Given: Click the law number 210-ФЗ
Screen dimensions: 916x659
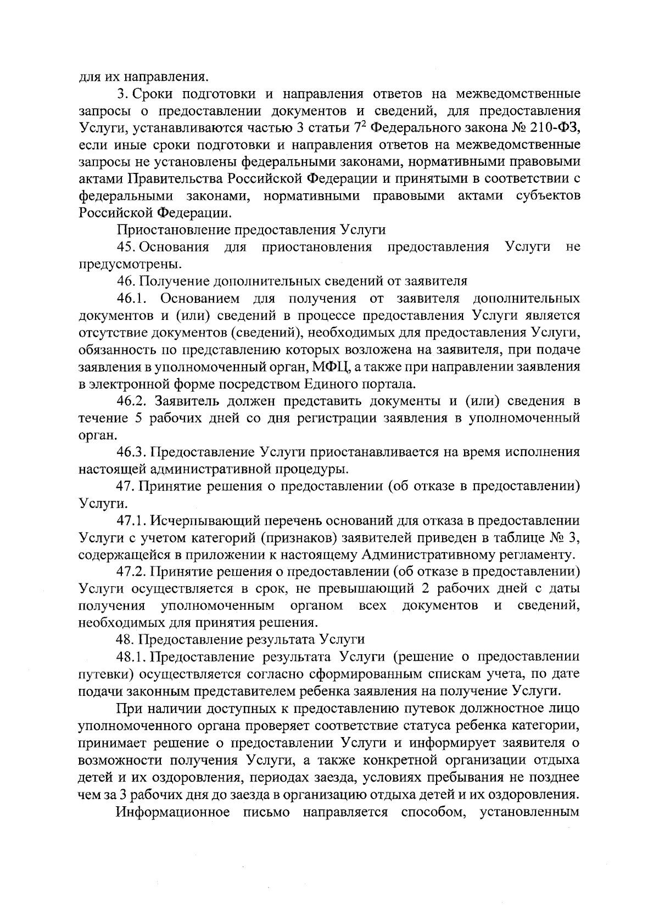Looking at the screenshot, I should (x=550, y=128).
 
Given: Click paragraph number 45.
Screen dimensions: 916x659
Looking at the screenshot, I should (x=126, y=247).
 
